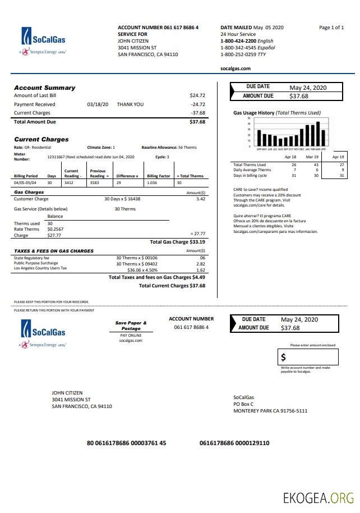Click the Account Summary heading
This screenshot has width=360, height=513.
tap(44, 88)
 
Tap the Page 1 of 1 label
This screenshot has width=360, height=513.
tap(331, 28)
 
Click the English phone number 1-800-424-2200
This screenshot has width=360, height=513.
tap(238, 41)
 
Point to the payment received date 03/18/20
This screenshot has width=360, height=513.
tap(98, 104)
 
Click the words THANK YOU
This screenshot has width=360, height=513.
tap(130, 104)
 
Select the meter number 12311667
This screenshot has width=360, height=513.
tap(57, 157)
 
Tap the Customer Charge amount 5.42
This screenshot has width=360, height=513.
tap(201, 199)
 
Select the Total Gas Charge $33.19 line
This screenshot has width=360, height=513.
tap(177, 242)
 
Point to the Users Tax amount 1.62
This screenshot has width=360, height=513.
tap(201, 269)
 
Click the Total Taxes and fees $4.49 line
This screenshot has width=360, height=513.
tap(156, 277)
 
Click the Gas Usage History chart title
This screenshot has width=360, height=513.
tap(277, 113)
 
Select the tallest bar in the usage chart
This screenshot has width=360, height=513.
tap(318, 134)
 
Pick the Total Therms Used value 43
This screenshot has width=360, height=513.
tap(316, 165)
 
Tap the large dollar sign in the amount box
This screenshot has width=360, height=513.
tap(284, 357)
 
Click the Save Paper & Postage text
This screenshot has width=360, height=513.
tap(131, 326)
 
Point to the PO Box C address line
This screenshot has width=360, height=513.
tap(243, 404)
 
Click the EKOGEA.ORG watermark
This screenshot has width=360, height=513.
tap(319, 497)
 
